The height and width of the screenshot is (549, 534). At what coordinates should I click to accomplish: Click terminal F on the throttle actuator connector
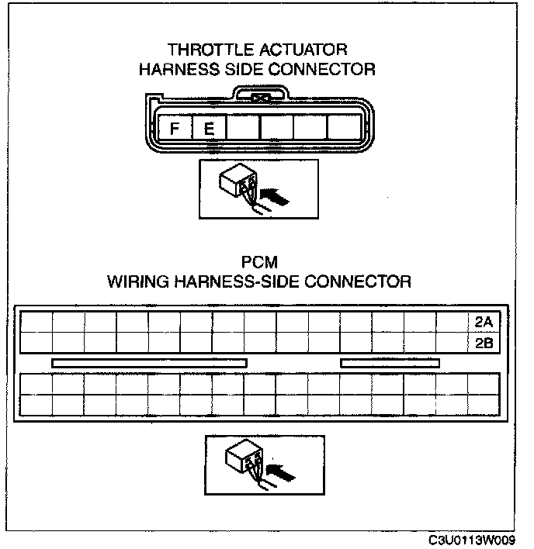175,129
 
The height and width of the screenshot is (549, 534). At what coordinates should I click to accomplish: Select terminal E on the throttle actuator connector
207,129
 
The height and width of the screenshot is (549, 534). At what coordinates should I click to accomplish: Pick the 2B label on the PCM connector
483,341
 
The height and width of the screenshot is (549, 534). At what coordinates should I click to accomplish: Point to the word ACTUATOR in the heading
297,50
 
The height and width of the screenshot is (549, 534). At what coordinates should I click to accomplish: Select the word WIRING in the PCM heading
141,281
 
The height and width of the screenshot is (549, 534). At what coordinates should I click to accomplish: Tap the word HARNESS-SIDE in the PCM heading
247,281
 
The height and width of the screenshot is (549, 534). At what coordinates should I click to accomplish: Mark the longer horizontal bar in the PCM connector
149,363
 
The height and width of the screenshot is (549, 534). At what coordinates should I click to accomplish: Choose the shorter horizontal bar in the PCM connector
390,363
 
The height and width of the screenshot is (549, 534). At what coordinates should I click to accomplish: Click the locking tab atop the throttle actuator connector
261,98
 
